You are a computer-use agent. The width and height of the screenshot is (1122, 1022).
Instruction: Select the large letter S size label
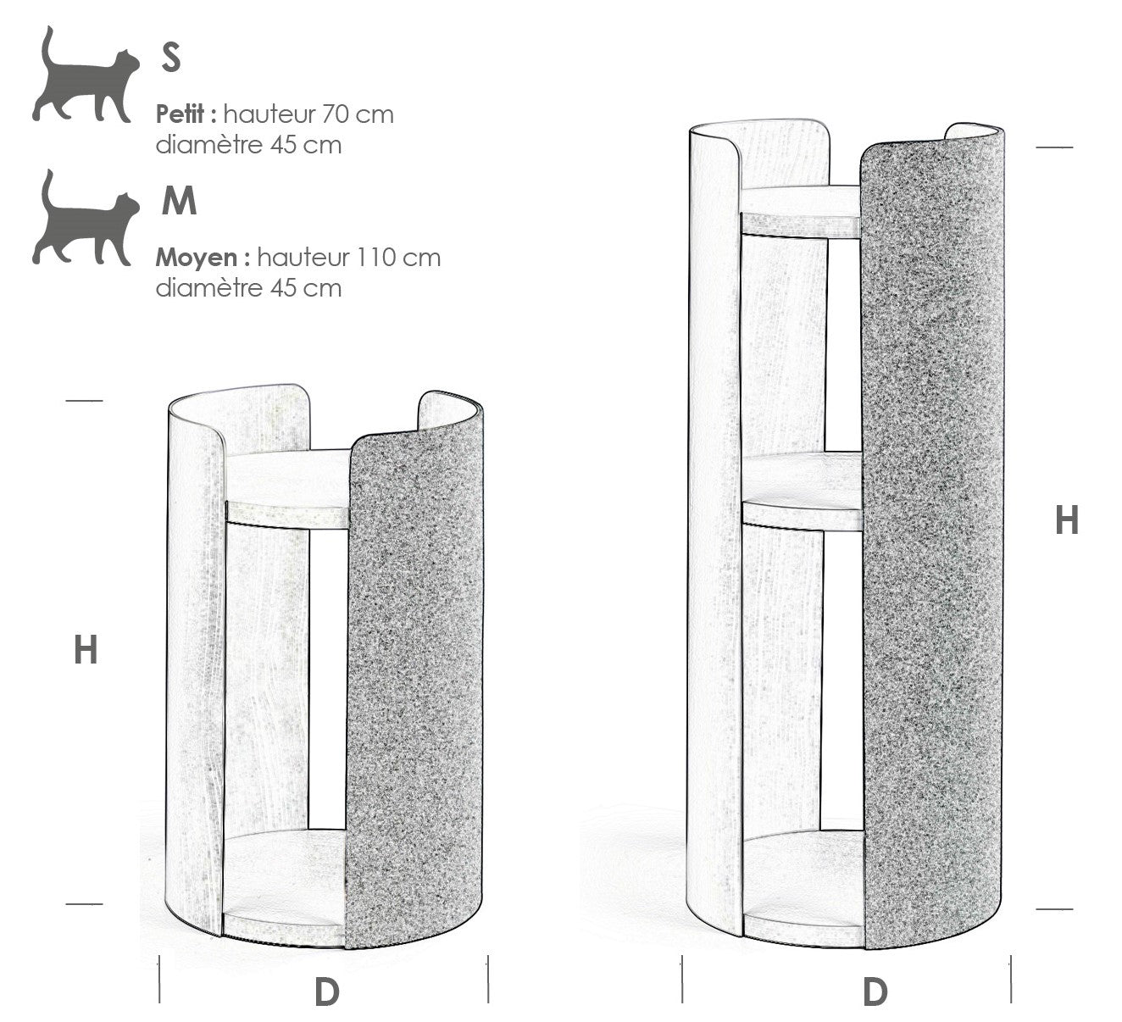[171, 58]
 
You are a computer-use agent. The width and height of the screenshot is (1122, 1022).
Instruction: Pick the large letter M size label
[179, 201]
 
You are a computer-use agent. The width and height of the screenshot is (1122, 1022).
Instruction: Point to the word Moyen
[197, 258]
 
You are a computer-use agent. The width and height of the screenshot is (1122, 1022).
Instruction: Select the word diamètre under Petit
[210, 145]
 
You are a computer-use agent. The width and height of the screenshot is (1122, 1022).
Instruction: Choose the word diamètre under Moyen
[210, 288]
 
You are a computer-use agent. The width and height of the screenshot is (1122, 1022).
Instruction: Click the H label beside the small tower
[86, 650]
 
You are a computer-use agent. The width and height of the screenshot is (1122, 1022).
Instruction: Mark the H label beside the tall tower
[1067, 520]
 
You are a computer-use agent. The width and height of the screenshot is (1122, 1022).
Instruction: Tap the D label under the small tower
[327, 993]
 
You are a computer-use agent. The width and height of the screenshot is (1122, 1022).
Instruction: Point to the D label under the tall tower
[875, 993]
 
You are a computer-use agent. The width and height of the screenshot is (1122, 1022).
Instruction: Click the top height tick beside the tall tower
[1054, 147]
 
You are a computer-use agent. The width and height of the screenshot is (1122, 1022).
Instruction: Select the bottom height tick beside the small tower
[85, 903]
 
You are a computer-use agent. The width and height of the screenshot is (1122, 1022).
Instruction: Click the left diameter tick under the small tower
[159, 979]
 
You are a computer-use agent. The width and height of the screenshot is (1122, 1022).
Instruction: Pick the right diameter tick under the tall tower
[1011, 979]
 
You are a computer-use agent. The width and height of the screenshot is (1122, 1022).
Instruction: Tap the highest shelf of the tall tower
[800, 213]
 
